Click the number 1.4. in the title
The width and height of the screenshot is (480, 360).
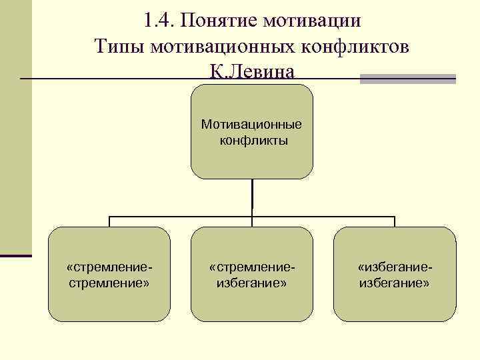155,21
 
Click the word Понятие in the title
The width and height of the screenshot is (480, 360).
217,21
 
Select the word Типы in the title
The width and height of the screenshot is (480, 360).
119,46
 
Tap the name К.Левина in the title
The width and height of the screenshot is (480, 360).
251,71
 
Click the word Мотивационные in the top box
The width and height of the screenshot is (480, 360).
251,125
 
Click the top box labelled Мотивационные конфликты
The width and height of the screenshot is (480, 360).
251,160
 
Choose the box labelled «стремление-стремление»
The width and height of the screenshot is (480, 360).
109,300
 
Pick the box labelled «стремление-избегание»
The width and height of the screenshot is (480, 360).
251,300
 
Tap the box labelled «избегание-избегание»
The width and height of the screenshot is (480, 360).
394,300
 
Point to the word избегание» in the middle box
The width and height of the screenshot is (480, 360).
252,283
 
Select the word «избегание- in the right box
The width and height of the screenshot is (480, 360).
395,267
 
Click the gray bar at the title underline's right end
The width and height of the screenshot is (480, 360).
407,79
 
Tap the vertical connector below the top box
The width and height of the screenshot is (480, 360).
252,197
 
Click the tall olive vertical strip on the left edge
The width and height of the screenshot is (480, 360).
15,127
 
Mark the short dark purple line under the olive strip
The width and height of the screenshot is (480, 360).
15,255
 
